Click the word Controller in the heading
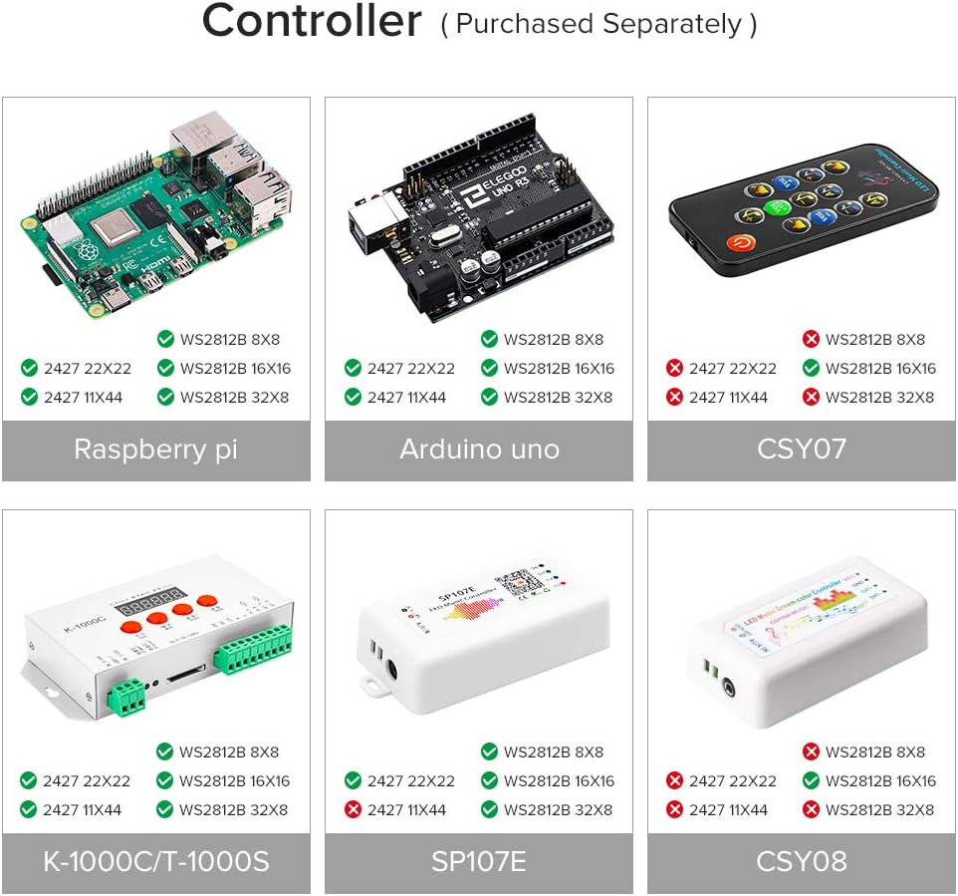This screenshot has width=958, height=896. pyautogui.click(x=312, y=22)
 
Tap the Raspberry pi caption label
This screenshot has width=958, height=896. pyautogui.click(x=155, y=449)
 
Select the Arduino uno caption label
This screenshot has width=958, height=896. pyautogui.click(x=479, y=449)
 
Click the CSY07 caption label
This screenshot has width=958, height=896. pyautogui.click(x=802, y=449)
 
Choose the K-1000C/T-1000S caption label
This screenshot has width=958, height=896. pyautogui.click(x=155, y=862)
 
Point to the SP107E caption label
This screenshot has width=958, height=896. pyautogui.click(x=479, y=862)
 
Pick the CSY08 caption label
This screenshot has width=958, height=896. pyautogui.click(x=802, y=862)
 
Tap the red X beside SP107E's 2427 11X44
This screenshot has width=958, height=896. pyautogui.click(x=353, y=810)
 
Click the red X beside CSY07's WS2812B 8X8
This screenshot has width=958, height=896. pyautogui.click(x=812, y=340)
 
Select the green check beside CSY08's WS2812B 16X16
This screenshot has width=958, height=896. pyautogui.click(x=812, y=781)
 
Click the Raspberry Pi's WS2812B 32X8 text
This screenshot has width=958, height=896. pyautogui.click(x=234, y=398)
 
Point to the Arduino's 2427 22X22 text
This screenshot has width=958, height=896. pyautogui.click(x=410, y=369)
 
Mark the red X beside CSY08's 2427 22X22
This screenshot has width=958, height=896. pyautogui.click(x=675, y=781)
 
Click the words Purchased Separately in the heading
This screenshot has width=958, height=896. pyautogui.click(x=599, y=25)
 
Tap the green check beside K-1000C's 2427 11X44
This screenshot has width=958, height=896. pyautogui.click(x=29, y=810)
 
